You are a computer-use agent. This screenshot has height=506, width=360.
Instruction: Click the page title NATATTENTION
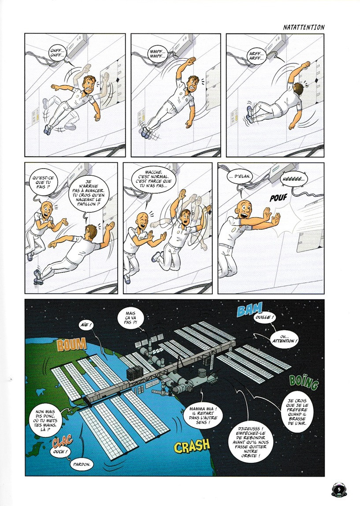pyautogui.click(x=304, y=27)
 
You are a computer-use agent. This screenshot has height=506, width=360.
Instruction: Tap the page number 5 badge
pyautogui.click(x=339, y=489)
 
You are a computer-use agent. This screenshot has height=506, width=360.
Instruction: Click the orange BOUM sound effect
pyautogui.click(x=72, y=344)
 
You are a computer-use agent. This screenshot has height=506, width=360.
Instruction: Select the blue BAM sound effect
pyautogui.click(x=249, y=310)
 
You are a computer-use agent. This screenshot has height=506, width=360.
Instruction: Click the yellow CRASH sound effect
pyautogui.click(x=192, y=446)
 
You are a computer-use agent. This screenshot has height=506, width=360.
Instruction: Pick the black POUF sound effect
pyautogui.click(x=278, y=197)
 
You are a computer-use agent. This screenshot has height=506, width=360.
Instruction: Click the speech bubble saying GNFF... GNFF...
pyautogui.click(x=58, y=53)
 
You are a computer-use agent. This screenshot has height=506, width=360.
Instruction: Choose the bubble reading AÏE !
pyautogui.click(x=85, y=325)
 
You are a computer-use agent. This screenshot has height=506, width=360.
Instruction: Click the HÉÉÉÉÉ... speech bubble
pyautogui.click(x=293, y=180)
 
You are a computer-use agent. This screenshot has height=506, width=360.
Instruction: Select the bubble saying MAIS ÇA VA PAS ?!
pyautogui.click(x=130, y=318)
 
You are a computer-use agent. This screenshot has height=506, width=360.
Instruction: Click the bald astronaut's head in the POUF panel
pyautogui.click(x=245, y=210)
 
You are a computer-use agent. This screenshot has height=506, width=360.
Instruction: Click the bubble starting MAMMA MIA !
pyautogui.click(x=203, y=415)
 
